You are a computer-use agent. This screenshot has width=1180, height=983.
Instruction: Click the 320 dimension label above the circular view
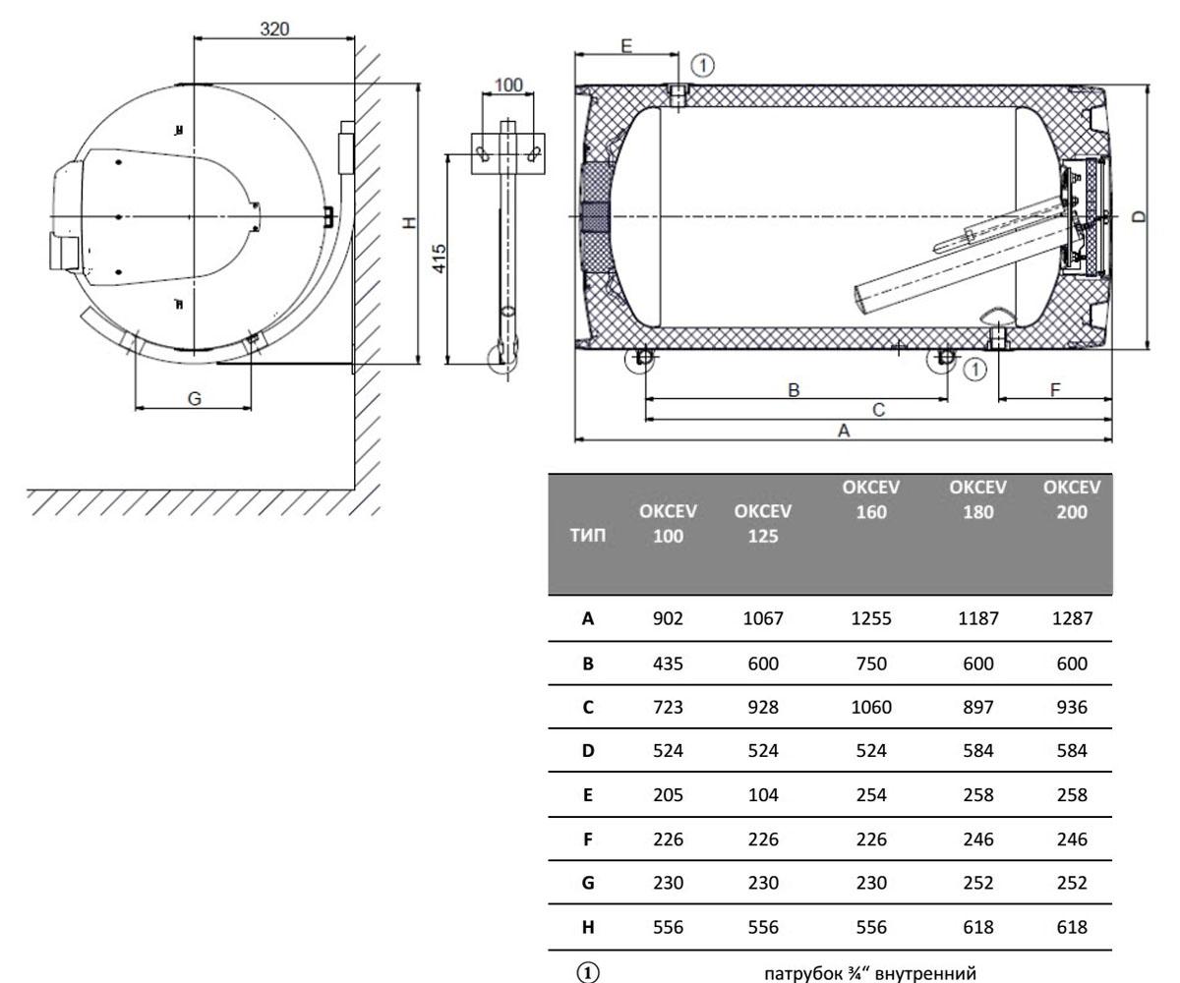[x=274, y=29]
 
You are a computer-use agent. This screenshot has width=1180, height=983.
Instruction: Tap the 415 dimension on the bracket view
[x=440, y=259]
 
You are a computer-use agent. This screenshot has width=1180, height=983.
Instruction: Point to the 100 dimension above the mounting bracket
[x=508, y=85]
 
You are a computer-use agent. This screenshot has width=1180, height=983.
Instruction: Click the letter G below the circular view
[x=195, y=398]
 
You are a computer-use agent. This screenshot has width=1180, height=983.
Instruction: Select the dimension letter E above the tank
[x=626, y=45]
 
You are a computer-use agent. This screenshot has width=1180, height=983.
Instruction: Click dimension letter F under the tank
[x=1055, y=389]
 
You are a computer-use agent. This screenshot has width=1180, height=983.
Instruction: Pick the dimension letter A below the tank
[x=844, y=431]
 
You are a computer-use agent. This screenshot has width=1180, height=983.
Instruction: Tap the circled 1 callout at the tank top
[x=702, y=66]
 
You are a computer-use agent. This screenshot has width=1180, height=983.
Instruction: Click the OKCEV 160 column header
[x=871, y=499]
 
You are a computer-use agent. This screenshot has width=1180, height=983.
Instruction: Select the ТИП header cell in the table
[x=588, y=535]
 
